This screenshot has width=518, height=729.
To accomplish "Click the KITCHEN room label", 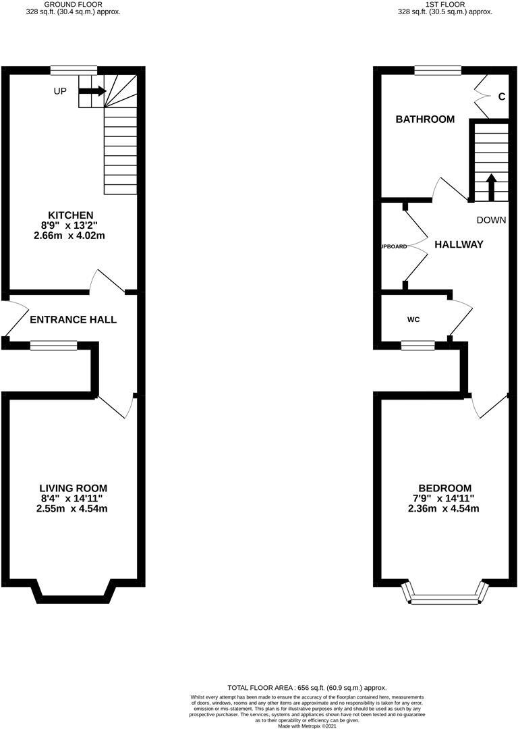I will [74, 215].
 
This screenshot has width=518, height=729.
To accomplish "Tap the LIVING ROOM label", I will [73, 488].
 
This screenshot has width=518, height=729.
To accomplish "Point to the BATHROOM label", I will [425, 119].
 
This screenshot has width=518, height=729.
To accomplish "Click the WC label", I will [413, 319].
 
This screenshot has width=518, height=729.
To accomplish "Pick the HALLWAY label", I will [459, 244].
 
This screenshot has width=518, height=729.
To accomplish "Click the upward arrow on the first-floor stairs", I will [491, 187].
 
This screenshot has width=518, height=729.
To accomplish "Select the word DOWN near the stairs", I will [491, 220].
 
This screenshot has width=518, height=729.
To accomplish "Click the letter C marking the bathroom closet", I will [501, 97].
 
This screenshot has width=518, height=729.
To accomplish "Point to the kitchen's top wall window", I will [74, 70].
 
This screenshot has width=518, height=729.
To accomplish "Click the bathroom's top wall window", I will [438, 70].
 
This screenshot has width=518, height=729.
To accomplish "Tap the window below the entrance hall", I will [53, 346].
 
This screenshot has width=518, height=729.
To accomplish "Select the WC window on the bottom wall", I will [418, 346].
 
